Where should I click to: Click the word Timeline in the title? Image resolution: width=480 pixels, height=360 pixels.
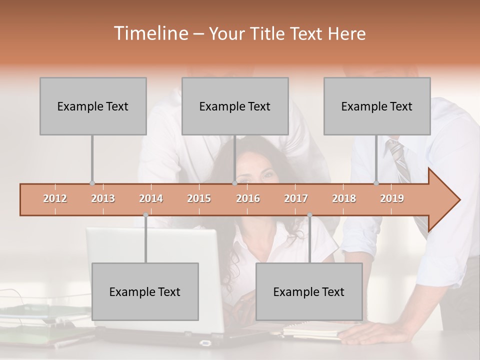[x=150, y=33]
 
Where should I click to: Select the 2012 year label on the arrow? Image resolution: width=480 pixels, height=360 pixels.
[x=55, y=198]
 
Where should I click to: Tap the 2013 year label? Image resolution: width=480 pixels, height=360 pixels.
[x=103, y=198]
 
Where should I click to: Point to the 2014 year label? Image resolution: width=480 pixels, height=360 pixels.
[x=151, y=198]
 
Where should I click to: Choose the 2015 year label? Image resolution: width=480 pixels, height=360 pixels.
[x=199, y=198]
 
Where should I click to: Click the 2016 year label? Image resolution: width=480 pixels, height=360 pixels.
[x=248, y=198]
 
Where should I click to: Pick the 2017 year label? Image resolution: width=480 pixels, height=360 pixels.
[x=296, y=198]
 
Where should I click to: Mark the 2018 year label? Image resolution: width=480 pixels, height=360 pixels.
[x=344, y=198]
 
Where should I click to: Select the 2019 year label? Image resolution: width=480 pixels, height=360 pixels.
[x=392, y=198]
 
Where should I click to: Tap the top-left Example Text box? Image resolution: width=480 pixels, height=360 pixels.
[x=93, y=106]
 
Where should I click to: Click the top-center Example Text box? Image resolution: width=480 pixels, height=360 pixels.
[x=235, y=106]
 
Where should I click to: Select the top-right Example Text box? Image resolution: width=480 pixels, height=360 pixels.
[x=377, y=106]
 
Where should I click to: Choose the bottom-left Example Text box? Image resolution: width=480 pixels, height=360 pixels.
[x=145, y=291]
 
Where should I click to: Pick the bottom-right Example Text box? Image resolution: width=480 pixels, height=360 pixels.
[x=309, y=291]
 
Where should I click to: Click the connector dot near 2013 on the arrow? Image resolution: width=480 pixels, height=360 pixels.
[x=92, y=183]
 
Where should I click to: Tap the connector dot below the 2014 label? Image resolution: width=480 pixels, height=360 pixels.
[x=145, y=215]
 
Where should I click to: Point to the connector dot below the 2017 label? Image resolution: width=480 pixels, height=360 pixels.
[x=309, y=215]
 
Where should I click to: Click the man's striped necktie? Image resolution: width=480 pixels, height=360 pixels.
[x=400, y=160]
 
